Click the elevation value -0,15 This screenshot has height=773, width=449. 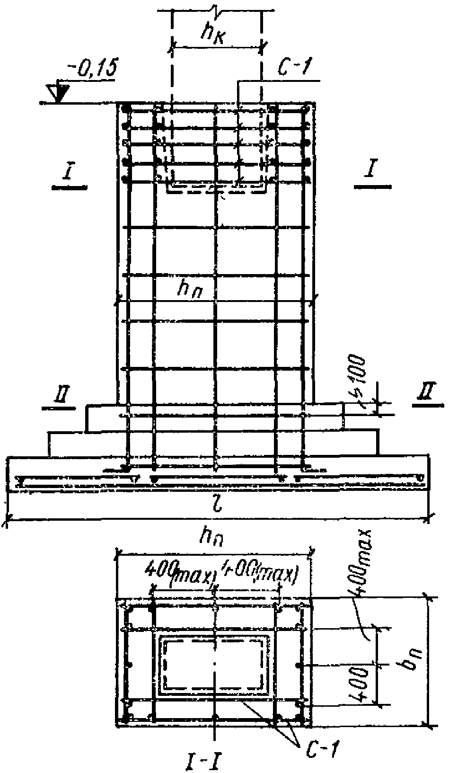[92, 71]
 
